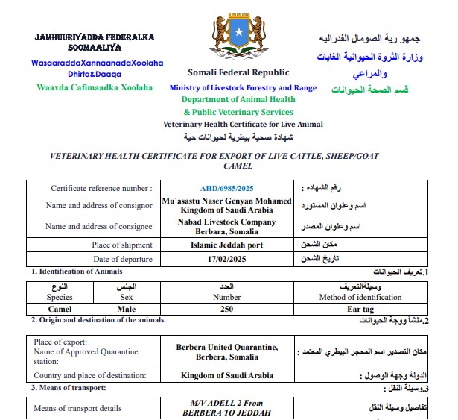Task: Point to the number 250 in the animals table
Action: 227,308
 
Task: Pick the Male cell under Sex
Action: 127,308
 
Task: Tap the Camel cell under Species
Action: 60,308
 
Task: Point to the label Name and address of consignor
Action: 98,205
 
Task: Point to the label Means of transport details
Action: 77,408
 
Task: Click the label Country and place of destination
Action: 90,375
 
